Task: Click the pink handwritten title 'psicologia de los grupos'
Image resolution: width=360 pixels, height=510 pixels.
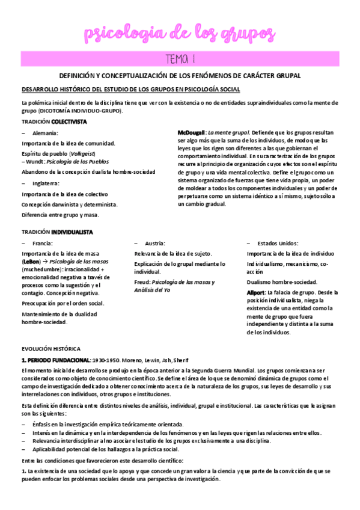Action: tap(180, 32)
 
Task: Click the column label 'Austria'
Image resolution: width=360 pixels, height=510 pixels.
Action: tap(157, 243)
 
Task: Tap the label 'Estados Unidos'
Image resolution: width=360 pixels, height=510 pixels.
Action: tap(278, 243)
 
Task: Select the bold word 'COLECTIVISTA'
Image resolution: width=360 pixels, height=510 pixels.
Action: tap(69, 121)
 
